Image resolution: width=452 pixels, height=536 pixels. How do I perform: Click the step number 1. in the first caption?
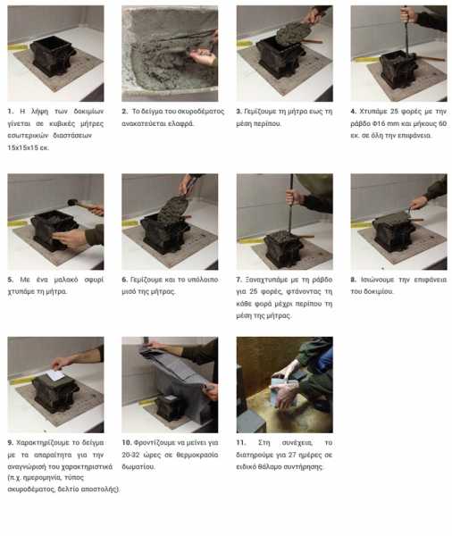point(11,112)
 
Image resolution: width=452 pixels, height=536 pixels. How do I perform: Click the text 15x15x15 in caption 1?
point(23,148)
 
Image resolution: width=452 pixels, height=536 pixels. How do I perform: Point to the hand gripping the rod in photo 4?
point(408,15)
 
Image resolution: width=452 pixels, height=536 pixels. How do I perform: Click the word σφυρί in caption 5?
point(94,280)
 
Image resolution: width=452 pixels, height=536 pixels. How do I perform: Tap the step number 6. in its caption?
point(125,280)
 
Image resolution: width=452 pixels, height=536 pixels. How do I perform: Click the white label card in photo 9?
point(55,375)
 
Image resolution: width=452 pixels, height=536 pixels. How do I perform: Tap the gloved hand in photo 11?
point(287,393)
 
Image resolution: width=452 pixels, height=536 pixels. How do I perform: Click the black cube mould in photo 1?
point(53,55)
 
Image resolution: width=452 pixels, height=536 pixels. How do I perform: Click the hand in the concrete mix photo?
point(203,56)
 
